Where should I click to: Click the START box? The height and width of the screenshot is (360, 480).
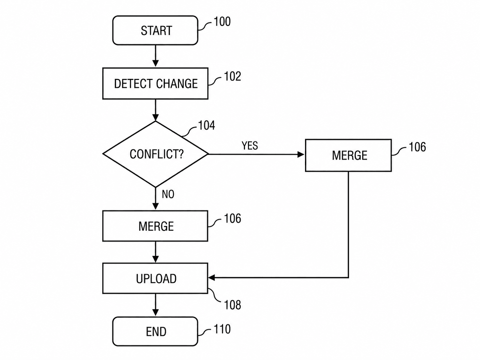coord(155,30)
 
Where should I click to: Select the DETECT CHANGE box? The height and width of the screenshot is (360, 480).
coord(155,84)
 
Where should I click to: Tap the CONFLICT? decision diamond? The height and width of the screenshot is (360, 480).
coord(155,154)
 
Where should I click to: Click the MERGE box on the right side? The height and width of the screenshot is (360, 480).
coord(348,155)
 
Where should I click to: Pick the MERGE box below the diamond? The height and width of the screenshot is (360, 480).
coord(155,226)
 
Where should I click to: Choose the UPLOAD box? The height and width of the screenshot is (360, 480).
coord(155,278)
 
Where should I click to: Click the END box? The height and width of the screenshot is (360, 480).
coord(155,331)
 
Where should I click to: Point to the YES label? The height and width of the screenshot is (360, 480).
coord(250,146)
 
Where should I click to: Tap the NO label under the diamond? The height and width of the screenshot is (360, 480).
coord(168,194)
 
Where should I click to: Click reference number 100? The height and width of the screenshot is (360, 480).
coord(222,22)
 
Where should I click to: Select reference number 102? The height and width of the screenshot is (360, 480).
coord(232,76)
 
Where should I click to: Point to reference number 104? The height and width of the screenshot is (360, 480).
coord(207,125)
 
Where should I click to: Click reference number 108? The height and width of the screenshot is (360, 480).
coord(232,305)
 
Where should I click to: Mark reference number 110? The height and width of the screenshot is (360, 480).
coord(222,329)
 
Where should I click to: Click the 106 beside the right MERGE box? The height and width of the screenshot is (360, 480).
coord(417,147)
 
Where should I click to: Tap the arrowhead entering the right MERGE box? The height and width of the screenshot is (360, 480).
coord(301,154)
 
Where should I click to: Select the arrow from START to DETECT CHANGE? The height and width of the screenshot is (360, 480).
coord(155,56)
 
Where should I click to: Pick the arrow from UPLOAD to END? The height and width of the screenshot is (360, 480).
coord(155,305)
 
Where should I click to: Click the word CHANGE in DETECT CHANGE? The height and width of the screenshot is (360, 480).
coord(177,84)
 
